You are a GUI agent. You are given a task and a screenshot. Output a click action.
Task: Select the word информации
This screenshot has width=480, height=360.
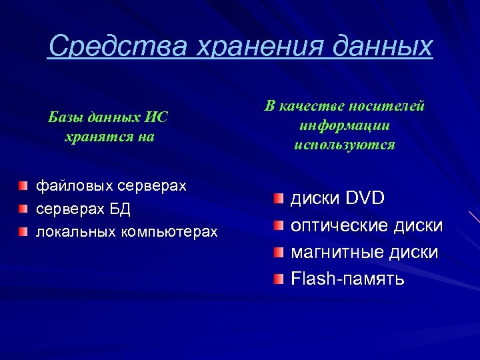(x=345, y=125)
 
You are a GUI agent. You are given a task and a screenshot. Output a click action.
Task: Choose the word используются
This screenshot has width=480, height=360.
(x=345, y=144)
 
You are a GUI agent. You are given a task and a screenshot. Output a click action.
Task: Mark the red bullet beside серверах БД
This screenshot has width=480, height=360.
(x=23, y=209)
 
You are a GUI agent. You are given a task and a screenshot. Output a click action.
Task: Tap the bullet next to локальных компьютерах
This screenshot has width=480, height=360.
(x=23, y=231)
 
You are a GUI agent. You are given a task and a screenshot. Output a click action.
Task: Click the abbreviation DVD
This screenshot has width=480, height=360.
(x=364, y=199)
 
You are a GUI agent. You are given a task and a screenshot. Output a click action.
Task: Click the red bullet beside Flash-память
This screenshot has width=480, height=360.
(x=278, y=278)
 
